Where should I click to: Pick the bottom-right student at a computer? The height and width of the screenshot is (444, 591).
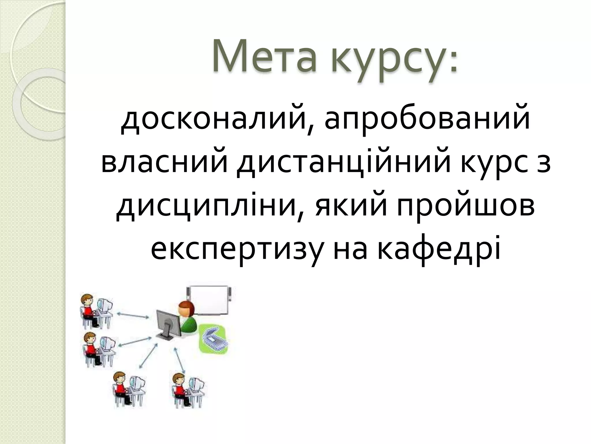(x=185, y=390)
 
